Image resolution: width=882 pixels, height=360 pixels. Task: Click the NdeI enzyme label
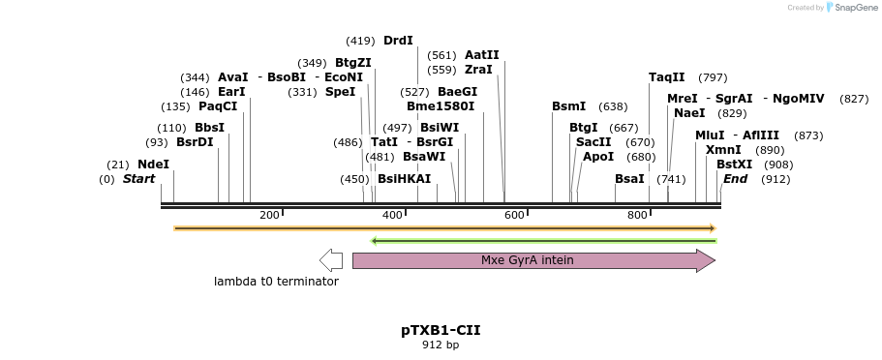tap(153, 165)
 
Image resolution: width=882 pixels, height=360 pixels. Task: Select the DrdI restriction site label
tap(398, 41)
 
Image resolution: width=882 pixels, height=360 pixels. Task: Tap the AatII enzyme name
tap(482, 55)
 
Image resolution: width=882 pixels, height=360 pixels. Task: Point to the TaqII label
tap(667, 77)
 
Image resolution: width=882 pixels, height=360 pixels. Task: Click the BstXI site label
tap(734, 165)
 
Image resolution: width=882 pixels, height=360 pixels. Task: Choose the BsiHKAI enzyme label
tap(405, 179)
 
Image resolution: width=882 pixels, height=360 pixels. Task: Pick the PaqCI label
tap(218, 106)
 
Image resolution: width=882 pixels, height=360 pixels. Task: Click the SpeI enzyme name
tap(340, 92)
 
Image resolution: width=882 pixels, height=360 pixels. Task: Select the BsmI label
tap(569, 106)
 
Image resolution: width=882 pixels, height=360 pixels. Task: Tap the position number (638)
tap(613, 106)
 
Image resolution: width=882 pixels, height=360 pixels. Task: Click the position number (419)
tap(360, 41)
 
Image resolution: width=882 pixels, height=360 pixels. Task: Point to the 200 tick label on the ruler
tap(269, 214)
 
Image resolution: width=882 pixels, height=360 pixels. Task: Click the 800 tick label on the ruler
tap(637, 214)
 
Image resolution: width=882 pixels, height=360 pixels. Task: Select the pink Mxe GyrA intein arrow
tap(533, 260)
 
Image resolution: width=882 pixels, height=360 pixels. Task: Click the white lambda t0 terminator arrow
tap(331, 260)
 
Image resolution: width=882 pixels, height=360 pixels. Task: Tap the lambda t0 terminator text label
tap(277, 282)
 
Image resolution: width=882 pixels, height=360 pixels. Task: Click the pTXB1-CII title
tap(441, 330)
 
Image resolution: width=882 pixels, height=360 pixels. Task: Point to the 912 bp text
tap(441, 345)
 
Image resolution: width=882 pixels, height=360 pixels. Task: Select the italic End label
tap(735, 179)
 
